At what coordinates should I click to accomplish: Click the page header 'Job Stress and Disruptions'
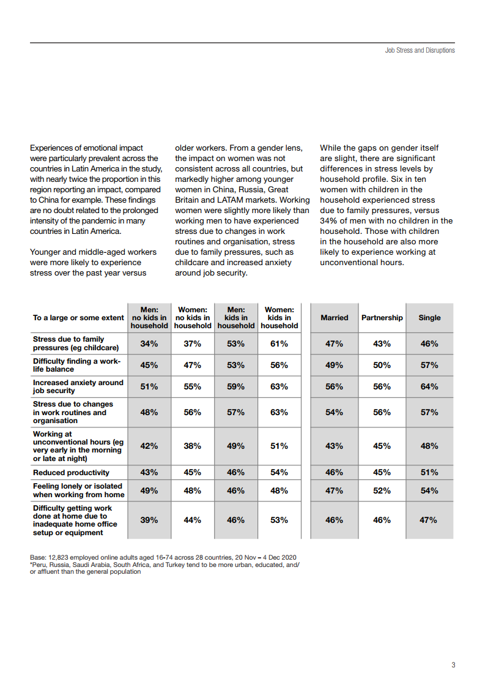(420, 50)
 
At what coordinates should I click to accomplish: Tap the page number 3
(453, 665)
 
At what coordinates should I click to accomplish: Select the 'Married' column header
(334, 318)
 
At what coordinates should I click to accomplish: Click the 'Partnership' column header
(382, 318)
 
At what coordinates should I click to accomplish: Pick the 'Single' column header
(429, 318)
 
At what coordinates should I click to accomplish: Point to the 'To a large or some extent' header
(78, 318)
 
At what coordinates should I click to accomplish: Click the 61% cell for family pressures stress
(279, 343)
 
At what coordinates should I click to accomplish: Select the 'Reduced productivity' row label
(71, 473)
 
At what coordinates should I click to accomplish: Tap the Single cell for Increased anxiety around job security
(429, 386)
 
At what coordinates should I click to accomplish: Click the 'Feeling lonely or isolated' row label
(78, 490)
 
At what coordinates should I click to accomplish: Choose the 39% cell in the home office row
(149, 520)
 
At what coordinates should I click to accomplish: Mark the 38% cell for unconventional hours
(192, 446)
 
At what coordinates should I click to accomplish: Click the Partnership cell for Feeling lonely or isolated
(382, 490)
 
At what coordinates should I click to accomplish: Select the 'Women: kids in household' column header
(279, 318)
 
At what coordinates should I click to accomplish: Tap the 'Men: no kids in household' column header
(149, 318)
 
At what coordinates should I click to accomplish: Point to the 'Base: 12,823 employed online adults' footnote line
(163, 557)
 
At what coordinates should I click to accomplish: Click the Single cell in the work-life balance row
(429, 365)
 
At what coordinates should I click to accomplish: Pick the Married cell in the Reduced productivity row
(334, 472)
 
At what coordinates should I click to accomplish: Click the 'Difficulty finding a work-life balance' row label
(76, 365)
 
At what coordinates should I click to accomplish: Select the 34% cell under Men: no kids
(149, 343)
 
